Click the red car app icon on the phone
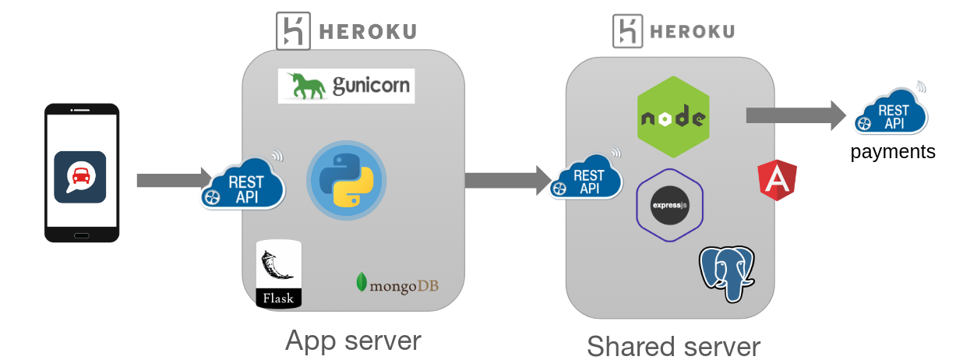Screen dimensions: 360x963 [x=79, y=177]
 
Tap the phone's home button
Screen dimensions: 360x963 [x=81, y=235]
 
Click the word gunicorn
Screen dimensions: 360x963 [x=371, y=85]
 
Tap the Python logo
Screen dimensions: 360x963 [x=347, y=179]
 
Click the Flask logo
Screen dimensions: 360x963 [x=278, y=274]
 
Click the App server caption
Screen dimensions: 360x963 [x=353, y=341]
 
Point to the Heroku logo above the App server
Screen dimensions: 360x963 [x=346, y=32]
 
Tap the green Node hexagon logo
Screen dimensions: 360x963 [x=673, y=118]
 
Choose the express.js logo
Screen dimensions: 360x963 [x=670, y=206]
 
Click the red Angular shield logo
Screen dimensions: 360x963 [x=777, y=180]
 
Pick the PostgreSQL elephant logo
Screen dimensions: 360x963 [x=727, y=273]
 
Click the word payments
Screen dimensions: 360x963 [x=893, y=151]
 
